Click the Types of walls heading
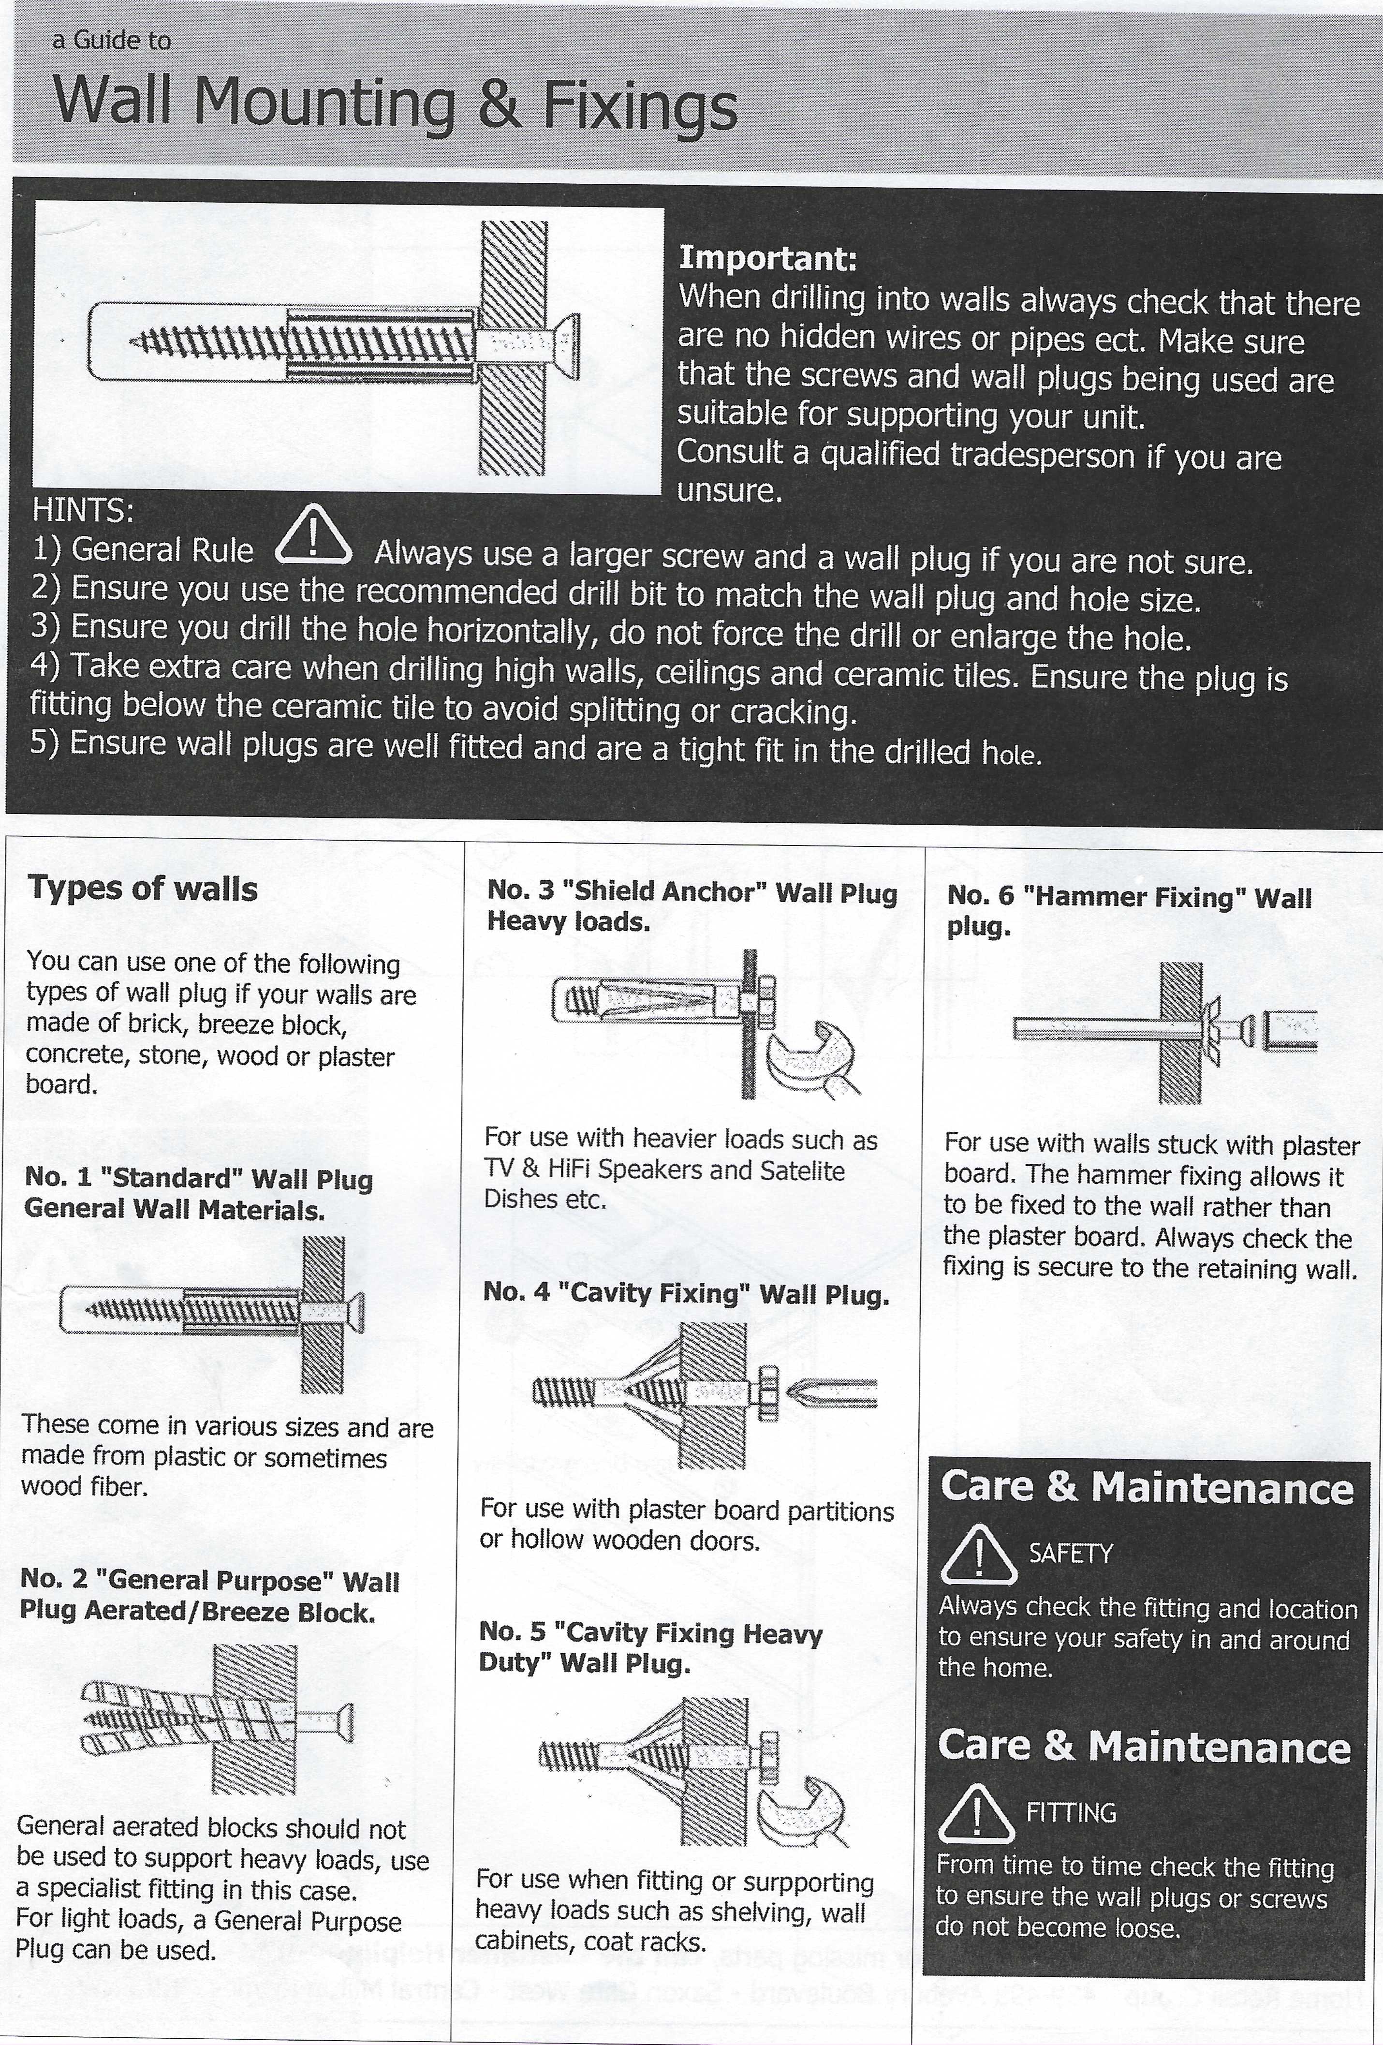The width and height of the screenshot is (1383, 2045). pyautogui.click(x=143, y=889)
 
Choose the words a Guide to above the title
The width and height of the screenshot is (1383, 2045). pyautogui.click(x=112, y=41)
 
